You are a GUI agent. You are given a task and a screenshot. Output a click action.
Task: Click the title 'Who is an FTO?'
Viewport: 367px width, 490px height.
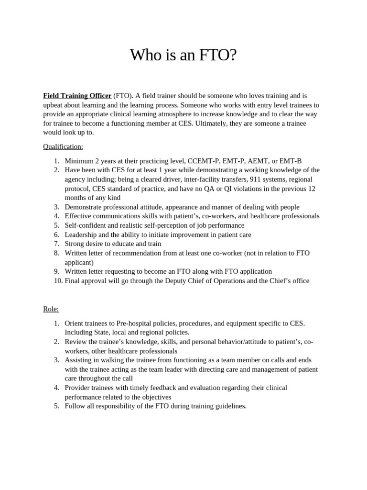tap(183, 56)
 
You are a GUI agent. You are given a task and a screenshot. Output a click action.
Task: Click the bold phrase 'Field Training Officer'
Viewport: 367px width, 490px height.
tap(77, 96)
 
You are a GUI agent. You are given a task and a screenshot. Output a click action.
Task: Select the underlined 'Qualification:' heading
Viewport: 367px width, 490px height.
tap(63, 146)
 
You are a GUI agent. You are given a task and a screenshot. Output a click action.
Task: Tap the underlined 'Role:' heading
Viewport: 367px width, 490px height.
tap(51, 309)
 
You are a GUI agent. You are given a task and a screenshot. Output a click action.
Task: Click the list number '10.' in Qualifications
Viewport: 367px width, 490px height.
tap(58, 281)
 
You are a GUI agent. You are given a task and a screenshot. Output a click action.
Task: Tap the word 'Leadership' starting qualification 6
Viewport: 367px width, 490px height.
tap(81, 234)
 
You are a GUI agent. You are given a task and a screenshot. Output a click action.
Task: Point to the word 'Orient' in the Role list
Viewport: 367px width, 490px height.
tap(75, 323)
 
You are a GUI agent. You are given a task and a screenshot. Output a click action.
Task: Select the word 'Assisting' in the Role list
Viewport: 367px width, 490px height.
tap(79, 360)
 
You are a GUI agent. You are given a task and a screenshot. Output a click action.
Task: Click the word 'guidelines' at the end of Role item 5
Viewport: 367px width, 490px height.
tap(229, 406)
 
